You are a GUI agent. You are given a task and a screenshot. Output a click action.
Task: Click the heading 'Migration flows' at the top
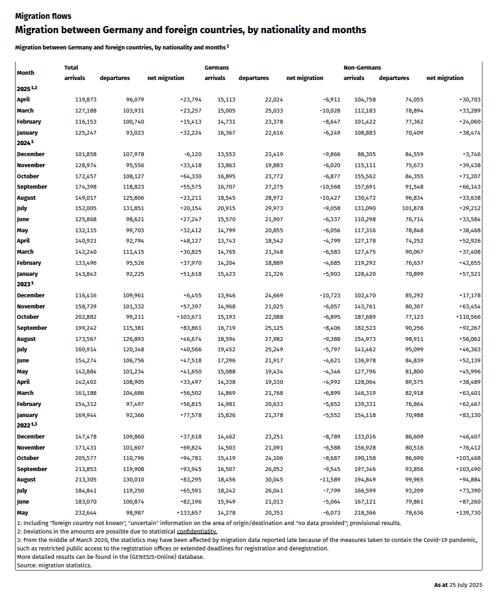click(43, 16)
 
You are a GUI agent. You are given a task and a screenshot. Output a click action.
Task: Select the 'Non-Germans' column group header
click(362, 68)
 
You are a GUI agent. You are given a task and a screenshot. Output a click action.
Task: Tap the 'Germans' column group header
click(217, 68)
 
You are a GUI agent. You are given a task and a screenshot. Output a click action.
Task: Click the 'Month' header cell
click(26, 73)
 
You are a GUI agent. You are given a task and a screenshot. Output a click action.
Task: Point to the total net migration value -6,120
click(172, 154)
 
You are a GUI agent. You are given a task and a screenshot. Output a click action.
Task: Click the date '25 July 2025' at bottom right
click(464, 585)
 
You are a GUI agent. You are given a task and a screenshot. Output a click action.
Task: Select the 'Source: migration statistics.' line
click(54, 565)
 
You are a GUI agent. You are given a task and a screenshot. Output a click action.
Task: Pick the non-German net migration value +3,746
click(468, 154)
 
